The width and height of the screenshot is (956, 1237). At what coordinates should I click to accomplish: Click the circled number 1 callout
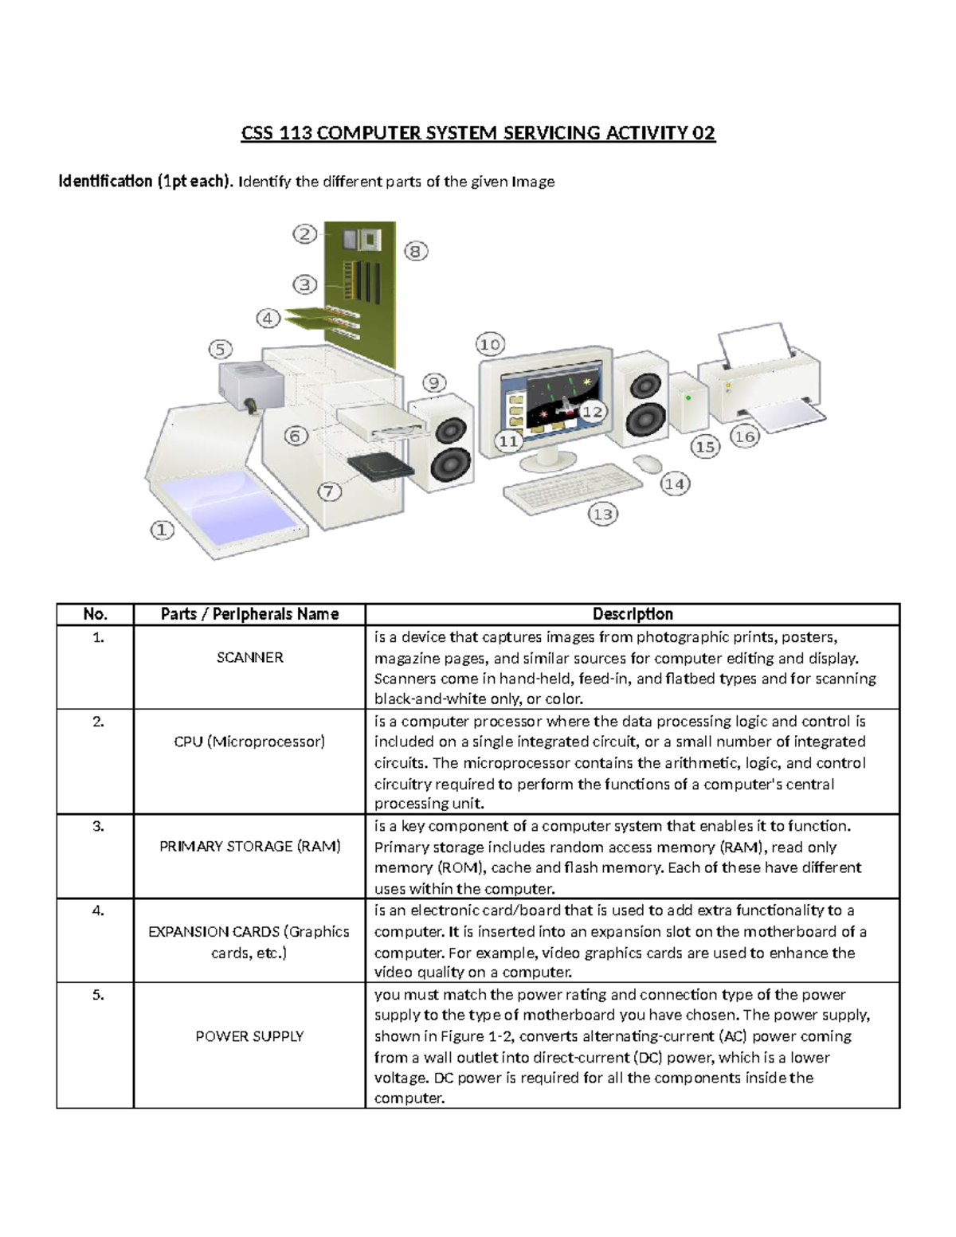163,530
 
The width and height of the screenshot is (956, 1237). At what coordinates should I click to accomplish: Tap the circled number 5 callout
221,349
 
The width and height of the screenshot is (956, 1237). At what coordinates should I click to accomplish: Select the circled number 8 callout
415,252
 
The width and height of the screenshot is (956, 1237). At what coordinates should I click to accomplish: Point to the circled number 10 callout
490,344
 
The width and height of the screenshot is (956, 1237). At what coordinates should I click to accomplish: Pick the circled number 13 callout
603,515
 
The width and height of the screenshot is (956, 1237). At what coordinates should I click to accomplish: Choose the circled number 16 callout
745,436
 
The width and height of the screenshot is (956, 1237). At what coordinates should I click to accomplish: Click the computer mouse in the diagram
648,464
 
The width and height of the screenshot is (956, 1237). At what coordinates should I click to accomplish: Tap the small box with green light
688,401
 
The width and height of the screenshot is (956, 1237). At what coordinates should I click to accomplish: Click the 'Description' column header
633,614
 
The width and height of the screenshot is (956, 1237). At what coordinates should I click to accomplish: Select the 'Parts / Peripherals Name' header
249,614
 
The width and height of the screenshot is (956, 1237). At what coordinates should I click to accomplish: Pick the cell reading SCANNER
249,658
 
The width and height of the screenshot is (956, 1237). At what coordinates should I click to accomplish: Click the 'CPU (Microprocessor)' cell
249,742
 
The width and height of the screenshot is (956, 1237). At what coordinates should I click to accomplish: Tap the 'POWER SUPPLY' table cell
249,1036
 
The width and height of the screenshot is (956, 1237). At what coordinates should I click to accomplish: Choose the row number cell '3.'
98,826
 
